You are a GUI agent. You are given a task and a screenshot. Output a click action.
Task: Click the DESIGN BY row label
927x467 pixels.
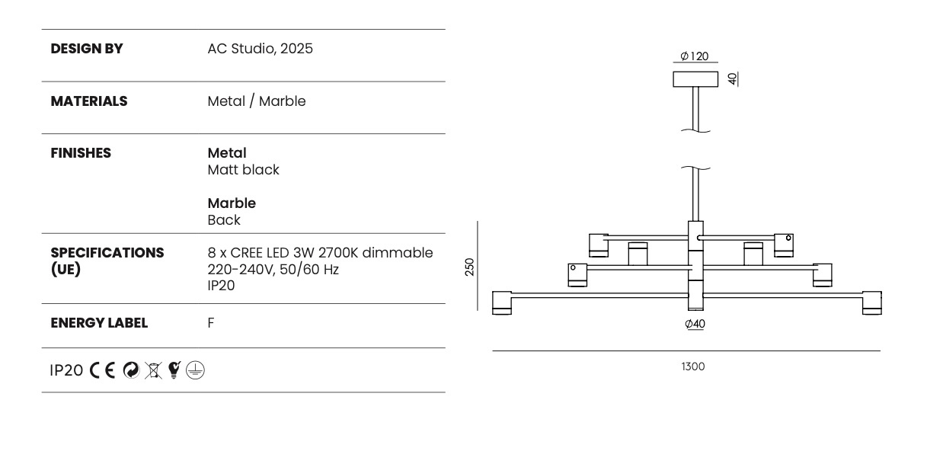pos(86,49)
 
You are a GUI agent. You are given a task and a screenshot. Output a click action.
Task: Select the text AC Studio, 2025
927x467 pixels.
pos(260,49)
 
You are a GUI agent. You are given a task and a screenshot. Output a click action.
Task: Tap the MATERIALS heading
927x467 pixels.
pos(88,101)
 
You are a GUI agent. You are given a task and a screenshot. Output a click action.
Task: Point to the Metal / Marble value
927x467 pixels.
pos(256,101)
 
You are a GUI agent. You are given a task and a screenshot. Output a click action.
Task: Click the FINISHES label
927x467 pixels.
pos(80,153)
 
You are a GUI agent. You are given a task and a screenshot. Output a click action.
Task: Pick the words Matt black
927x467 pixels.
pos(243,170)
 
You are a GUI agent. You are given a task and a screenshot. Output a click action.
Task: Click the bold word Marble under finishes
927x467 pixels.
pos(232,203)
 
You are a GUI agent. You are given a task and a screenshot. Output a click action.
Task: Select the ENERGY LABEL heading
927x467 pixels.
pos(99,323)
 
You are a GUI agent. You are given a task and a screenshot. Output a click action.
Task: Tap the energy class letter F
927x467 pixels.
pos(211,323)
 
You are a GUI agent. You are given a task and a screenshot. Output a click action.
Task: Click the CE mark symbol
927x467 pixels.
pos(103,370)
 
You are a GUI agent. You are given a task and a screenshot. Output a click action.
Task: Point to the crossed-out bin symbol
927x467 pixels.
pos(155,370)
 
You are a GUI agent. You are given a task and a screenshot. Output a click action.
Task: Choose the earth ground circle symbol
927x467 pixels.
pos(196,370)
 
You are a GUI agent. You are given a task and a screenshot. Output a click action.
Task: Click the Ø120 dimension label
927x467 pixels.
pos(694,56)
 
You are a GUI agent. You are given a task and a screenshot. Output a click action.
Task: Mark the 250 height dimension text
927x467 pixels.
pos(469,267)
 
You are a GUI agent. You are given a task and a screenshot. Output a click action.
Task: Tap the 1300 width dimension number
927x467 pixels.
pos(692,366)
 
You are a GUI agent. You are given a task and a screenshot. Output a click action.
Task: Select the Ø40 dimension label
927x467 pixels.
pos(695,324)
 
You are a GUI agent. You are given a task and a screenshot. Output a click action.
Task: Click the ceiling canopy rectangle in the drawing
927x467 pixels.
pos(695,79)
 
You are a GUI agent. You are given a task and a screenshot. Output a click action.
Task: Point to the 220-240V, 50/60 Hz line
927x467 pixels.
pos(273,269)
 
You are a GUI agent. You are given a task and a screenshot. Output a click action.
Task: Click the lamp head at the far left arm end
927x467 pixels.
pos(502,302)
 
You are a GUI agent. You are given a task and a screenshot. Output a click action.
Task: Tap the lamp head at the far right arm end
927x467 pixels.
pos(871,302)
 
